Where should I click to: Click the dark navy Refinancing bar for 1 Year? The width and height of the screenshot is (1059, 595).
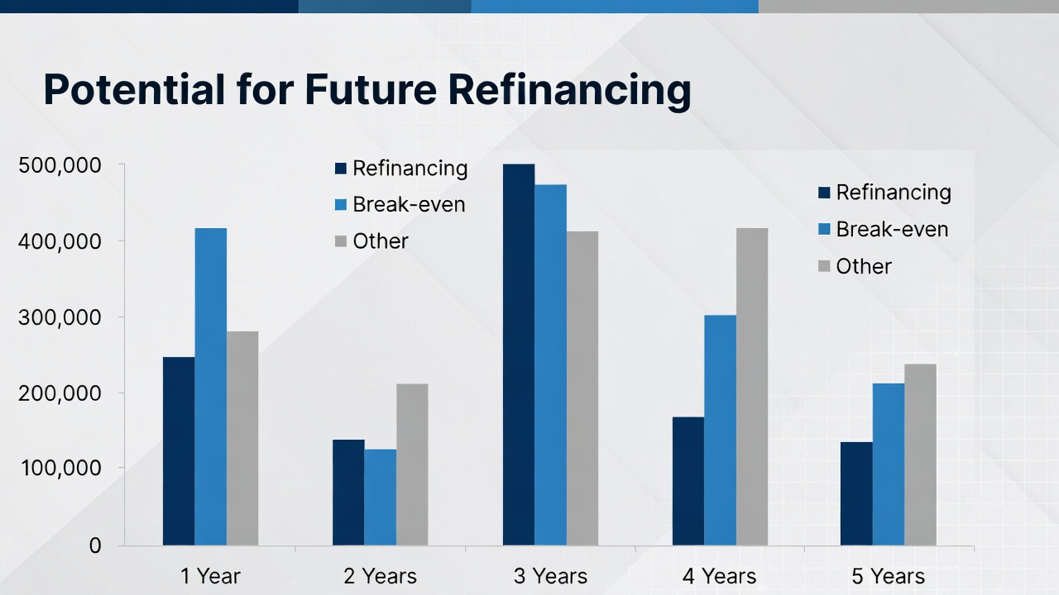point(179,451)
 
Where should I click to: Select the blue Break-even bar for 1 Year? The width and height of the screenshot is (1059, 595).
point(211,388)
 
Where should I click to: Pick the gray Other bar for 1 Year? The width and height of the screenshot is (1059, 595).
point(242,439)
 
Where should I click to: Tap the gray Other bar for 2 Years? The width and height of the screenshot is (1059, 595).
point(412,465)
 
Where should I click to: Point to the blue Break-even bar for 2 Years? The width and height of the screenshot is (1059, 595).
point(381,497)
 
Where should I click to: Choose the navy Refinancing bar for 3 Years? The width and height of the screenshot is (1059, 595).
point(519,355)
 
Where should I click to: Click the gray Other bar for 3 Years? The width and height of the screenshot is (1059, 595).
point(582,388)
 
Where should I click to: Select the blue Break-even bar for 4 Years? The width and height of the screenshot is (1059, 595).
point(721,431)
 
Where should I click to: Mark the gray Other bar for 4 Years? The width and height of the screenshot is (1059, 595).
point(752,388)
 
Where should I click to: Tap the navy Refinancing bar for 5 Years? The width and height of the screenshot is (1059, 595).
point(856,494)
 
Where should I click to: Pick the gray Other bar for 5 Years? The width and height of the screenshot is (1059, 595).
point(921,455)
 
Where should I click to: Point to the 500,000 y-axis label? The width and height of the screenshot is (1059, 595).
point(60,166)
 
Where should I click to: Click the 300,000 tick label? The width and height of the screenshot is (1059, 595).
point(60,317)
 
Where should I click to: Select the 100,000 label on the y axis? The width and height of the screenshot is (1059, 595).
point(61,468)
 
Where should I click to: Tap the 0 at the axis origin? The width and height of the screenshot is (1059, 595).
point(95,546)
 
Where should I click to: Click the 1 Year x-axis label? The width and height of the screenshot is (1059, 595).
point(210,576)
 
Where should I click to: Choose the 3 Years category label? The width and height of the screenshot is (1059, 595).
point(551,576)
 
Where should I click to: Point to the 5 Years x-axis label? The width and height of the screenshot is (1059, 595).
point(889,576)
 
